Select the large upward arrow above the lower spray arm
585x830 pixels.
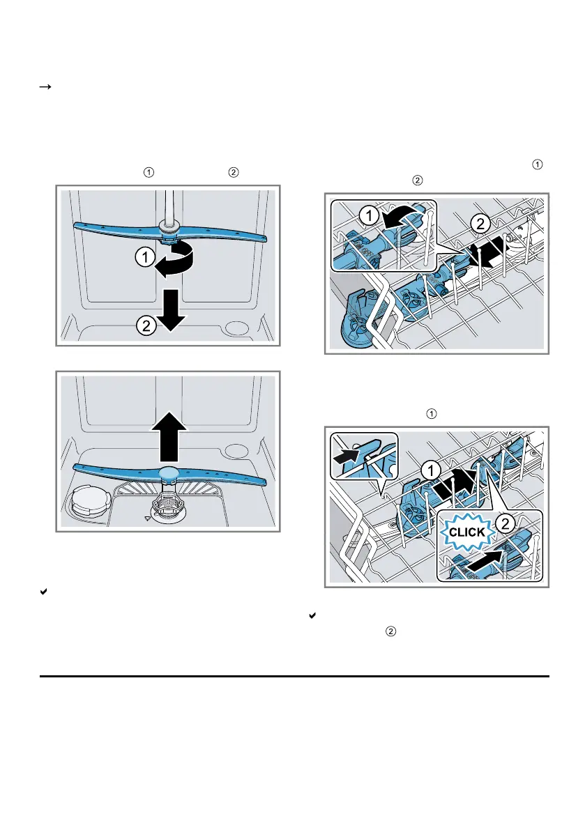click(168, 438)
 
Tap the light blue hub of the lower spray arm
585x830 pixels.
click(169, 475)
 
